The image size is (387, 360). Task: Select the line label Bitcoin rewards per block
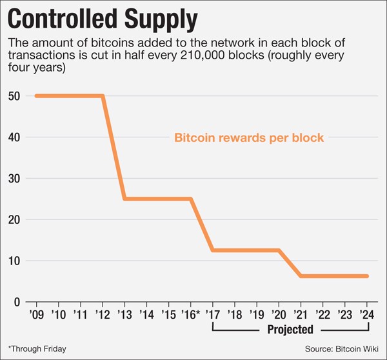248,137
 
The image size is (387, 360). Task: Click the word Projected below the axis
289,330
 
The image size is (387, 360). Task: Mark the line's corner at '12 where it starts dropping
103,96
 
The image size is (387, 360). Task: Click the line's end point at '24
366,276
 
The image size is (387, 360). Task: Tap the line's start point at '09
37,96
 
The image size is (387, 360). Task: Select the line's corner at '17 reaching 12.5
213,250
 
